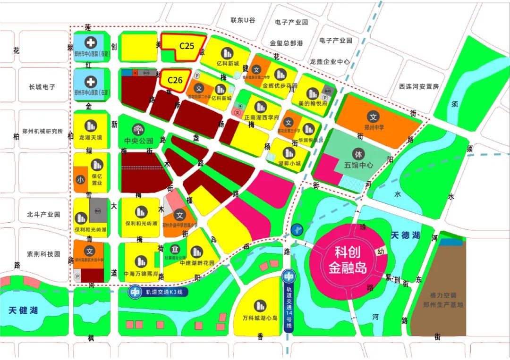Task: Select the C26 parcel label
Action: click(175, 80)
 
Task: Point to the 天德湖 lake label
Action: click(405, 234)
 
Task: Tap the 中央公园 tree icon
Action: click(139, 129)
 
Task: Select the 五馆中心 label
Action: click(358, 166)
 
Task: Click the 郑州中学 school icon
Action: click(373, 116)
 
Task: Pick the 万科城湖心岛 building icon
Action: click(260, 306)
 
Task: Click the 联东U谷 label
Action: click(243, 20)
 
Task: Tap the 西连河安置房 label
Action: click(419, 87)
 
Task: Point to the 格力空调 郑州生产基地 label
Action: click(440, 300)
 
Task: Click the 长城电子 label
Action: click(42, 87)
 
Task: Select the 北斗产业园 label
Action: click(43, 214)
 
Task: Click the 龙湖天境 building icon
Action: click(90, 126)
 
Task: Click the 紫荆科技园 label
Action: click(43, 254)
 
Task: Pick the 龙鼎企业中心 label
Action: click(330, 62)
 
